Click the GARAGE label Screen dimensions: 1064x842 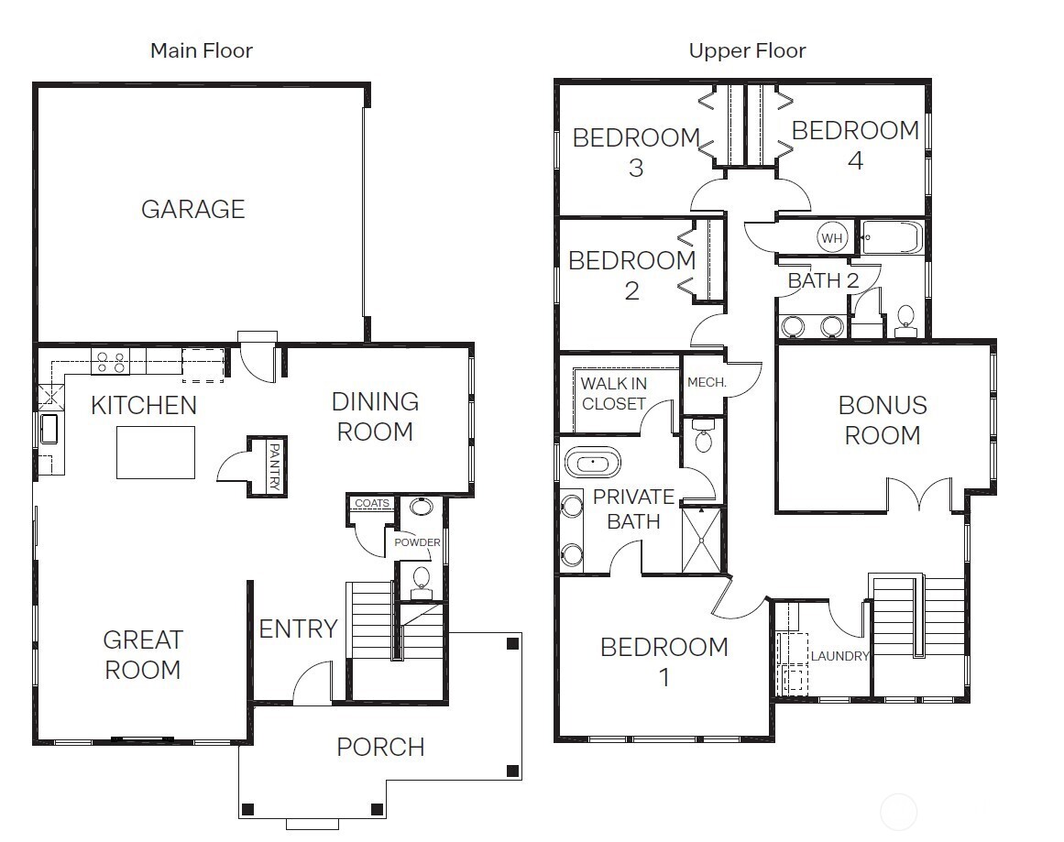[192, 209]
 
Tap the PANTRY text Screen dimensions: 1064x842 [274, 466]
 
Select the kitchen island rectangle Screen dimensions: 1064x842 [156, 453]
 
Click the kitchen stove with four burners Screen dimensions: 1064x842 [110, 361]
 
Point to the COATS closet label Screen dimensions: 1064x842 [372, 503]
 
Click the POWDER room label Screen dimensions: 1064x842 [417, 542]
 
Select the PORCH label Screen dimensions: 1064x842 [380, 747]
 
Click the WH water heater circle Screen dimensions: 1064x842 [831, 238]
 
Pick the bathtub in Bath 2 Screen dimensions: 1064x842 [892, 237]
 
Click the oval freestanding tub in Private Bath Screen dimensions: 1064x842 [592, 464]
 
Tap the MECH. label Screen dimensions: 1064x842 [707, 383]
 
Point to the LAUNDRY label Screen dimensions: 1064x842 [839, 656]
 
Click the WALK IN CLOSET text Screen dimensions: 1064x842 [613, 394]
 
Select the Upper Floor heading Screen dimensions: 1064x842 [747, 51]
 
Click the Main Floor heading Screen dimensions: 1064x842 [202, 51]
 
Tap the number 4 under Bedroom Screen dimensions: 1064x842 [855, 161]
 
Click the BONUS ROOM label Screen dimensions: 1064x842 [883, 420]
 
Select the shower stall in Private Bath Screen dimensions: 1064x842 [702, 540]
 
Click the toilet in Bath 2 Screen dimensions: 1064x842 [905, 321]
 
